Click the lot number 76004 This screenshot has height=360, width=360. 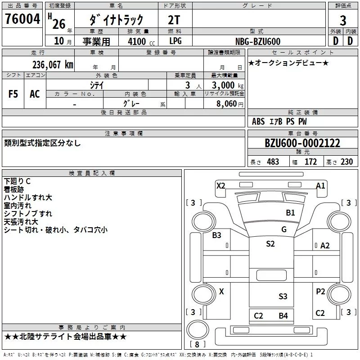pos(22,19)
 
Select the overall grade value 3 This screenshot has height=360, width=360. pos(343,21)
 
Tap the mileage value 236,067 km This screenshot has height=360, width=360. pos(52,65)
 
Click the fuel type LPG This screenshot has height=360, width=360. pos(176,41)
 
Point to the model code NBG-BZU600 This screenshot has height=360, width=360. pos(258,41)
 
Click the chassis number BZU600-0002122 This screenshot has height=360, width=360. pos(302,144)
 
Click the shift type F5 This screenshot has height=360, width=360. pos(13,94)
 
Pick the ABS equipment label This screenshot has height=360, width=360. pos(258,121)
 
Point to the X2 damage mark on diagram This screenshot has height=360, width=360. pos(220,185)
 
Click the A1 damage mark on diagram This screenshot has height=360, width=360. pos(320,185)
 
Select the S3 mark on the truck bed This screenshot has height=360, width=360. pos(283,296)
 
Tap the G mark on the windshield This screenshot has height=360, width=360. pos(284,229)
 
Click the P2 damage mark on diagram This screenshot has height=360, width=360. pos(320,292)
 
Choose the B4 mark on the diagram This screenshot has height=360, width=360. pos(283,315)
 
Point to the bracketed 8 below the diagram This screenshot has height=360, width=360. pos(197,344)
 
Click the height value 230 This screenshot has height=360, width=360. pos(346,162)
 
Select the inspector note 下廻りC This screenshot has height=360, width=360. pos(17,181)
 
